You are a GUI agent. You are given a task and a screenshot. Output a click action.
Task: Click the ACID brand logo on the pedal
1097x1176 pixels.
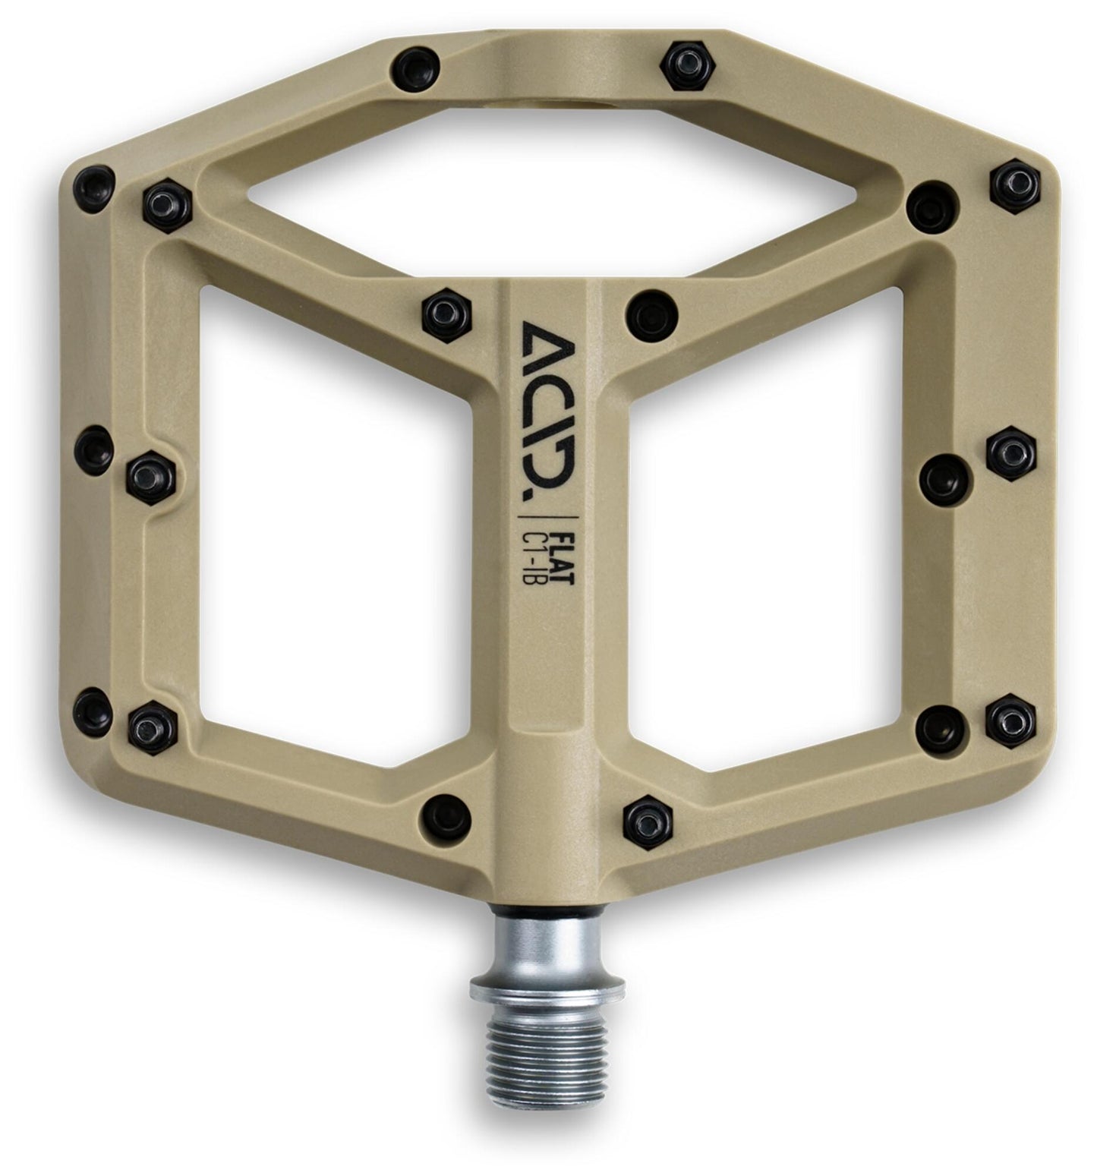pyautogui.click(x=547, y=407)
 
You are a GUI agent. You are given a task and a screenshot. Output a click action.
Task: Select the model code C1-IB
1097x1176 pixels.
pyautogui.click(x=544, y=548)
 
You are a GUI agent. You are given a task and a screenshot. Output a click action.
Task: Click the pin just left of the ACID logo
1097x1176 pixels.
pyautogui.click(x=445, y=311)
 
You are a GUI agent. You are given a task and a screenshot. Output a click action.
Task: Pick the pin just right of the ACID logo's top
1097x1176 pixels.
pyautogui.click(x=650, y=313)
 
